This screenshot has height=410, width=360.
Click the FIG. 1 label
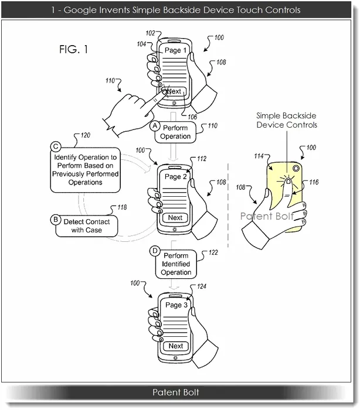coord(73,49)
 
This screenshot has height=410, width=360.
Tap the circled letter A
coord(155,126)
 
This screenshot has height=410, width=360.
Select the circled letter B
coord(56,220)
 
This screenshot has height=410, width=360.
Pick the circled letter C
coord(56,146)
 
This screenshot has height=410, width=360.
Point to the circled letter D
coord(155,251)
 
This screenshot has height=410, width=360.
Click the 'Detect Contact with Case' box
coord(87,226)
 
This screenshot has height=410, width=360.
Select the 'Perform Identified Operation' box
coord(176,264)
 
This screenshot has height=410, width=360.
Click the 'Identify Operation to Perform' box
coord(86,170)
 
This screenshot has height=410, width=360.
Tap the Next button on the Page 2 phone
coord(175,217)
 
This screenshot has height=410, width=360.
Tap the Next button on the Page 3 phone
coord(176,346)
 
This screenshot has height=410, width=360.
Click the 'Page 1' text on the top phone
coord(175,50)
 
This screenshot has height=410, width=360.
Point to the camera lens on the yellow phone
coord(296,168)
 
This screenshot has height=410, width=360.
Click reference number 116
coord(314,182)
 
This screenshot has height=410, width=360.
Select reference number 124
coord(202,286)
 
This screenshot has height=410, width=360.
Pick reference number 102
coord(150,33)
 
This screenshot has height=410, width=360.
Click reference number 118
coord(122,207)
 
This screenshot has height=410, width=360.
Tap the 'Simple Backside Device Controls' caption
coord(287,120)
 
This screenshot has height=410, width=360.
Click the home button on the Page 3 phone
coord(175,358)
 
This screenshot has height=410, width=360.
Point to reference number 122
coord(213,252)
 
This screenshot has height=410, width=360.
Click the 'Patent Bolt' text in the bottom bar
coord(176,392)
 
